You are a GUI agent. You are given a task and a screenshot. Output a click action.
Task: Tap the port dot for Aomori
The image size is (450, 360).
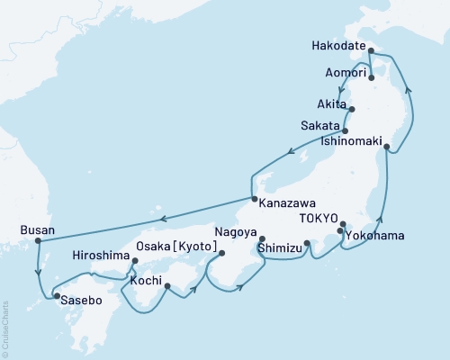371,78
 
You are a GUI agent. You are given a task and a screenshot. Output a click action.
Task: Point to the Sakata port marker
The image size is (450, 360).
346,130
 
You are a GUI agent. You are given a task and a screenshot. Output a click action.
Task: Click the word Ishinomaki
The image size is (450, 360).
350,142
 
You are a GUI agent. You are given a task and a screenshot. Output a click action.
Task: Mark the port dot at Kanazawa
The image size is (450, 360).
254,199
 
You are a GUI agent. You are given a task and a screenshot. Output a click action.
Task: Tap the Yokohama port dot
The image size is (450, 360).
340,232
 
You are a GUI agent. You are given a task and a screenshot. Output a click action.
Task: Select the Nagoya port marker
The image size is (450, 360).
262,238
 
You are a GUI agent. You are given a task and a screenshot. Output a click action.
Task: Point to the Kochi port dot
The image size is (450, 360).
166,288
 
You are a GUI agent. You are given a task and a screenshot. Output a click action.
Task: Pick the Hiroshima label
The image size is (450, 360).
102,255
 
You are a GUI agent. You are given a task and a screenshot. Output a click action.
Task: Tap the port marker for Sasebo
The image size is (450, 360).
57,295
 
